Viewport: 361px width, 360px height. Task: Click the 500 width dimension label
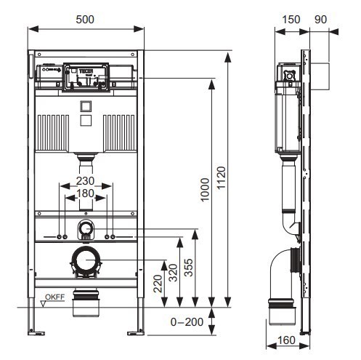85,20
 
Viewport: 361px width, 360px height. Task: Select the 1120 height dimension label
221,177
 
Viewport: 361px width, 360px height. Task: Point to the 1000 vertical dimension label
205,190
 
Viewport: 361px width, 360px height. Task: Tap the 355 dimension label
189,268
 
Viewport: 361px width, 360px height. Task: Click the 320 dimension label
173,273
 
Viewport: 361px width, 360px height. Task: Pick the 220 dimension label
158,284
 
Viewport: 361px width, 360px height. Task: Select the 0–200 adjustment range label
187,322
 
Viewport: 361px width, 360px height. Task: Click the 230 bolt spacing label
85,181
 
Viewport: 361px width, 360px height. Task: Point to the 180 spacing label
85,193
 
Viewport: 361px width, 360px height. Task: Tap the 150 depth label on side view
291,20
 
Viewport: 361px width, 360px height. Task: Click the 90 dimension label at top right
321,20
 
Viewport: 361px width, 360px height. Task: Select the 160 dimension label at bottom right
286,340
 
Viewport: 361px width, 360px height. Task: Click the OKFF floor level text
55,297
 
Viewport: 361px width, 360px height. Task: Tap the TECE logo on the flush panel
86,71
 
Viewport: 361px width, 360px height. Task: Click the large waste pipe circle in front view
86,260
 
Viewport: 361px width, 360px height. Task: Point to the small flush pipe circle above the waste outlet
85,228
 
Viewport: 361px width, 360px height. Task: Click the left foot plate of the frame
36,333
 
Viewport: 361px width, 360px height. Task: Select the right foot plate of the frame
136,333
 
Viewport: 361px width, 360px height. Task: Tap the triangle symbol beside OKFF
44,304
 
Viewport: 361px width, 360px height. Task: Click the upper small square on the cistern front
86,106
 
